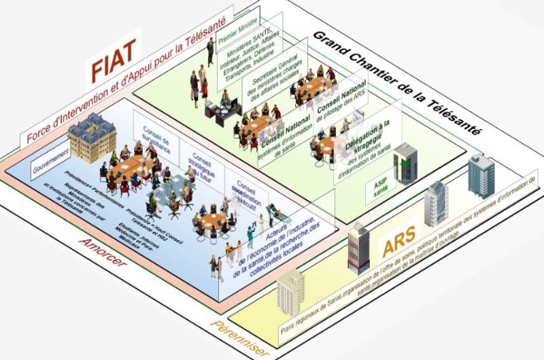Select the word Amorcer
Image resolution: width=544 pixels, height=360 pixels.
103,253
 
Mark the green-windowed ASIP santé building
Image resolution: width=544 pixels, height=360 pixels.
405,163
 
